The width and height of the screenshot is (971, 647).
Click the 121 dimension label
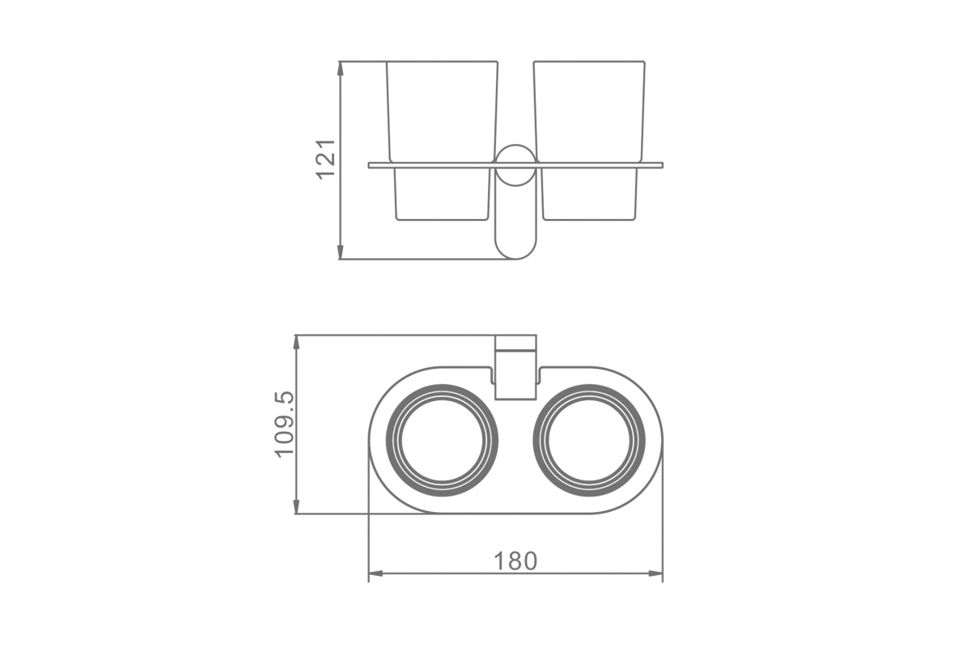326,159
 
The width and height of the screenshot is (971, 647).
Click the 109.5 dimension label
284,425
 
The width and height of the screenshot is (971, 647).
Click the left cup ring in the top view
388,440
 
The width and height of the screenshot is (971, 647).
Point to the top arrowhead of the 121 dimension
341,69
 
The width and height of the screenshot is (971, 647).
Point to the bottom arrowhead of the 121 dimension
341,252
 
